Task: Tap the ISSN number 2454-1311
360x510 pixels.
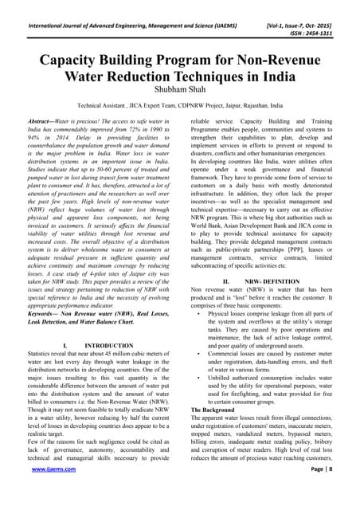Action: pyautogui.click(x=326, y=23)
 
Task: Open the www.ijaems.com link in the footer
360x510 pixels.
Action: pyautogui.click(x=49, y=493)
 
